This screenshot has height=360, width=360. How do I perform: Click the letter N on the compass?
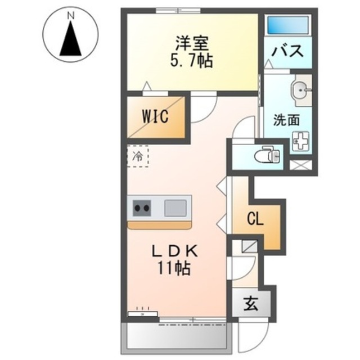tap(71, 16)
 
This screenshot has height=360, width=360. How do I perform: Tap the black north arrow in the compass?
tap(71, 40)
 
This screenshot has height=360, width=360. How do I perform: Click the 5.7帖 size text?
tap(191, 60)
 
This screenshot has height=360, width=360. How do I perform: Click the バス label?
tap(288, 51)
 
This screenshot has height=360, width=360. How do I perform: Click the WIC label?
tap(155, 118)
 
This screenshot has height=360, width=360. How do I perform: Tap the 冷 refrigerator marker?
tap(138, 157)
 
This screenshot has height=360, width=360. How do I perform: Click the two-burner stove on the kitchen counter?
tap(141, 209)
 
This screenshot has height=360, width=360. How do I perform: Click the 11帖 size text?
tap(174, 268)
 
